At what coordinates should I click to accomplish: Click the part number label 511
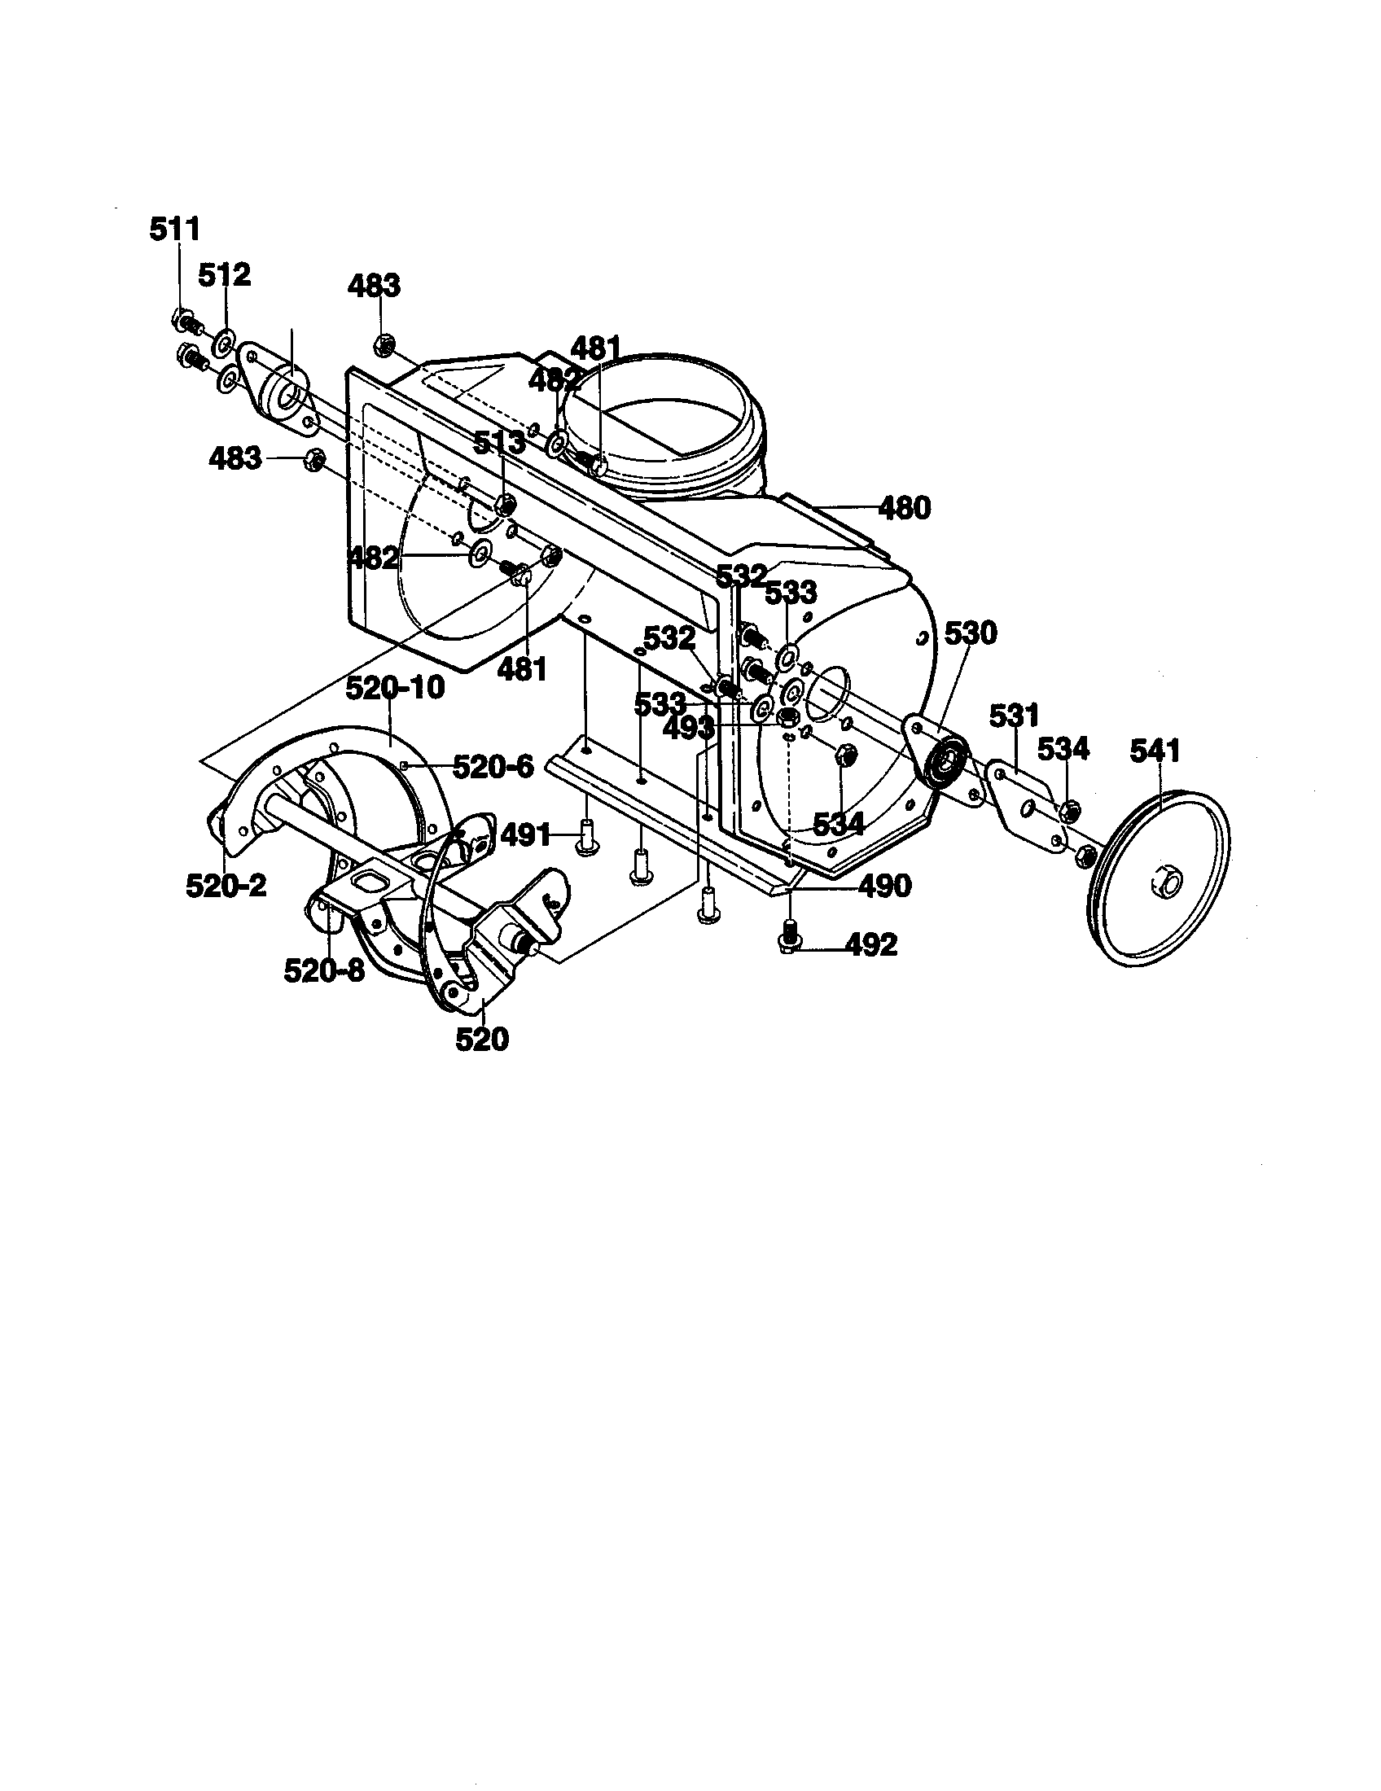pyautogui.click(x=175, y=230)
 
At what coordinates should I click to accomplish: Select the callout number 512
pyautogui.click(x=224, y=275)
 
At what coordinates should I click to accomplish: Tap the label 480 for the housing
pyautogui.click(x=905, y=509)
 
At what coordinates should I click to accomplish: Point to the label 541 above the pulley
pyautogui.click(x=1155, y=751)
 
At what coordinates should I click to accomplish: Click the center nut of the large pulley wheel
pyautogui.click(x=1167, y=884)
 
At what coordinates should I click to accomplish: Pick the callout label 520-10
pyautogui.click(x=394, y=688)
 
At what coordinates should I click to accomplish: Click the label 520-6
pyautogui.click(x=493, y=767)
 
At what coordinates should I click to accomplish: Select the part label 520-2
pyautogui.click(x=226, y=886)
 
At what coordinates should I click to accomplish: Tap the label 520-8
pyautogui.click(x=324, y=970)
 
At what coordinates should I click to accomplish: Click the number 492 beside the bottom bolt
pyautogui.click(x=871, y=945)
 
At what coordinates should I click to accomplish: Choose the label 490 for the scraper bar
pyautogui.click(x=885, y=886)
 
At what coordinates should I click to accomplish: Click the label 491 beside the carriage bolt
pyautogui.click(x=525, y=835)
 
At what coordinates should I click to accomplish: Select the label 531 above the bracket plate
pyautogui.click(x=1015, y=715)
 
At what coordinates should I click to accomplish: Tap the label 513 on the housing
pyautogui.click(x=499, y=443)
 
